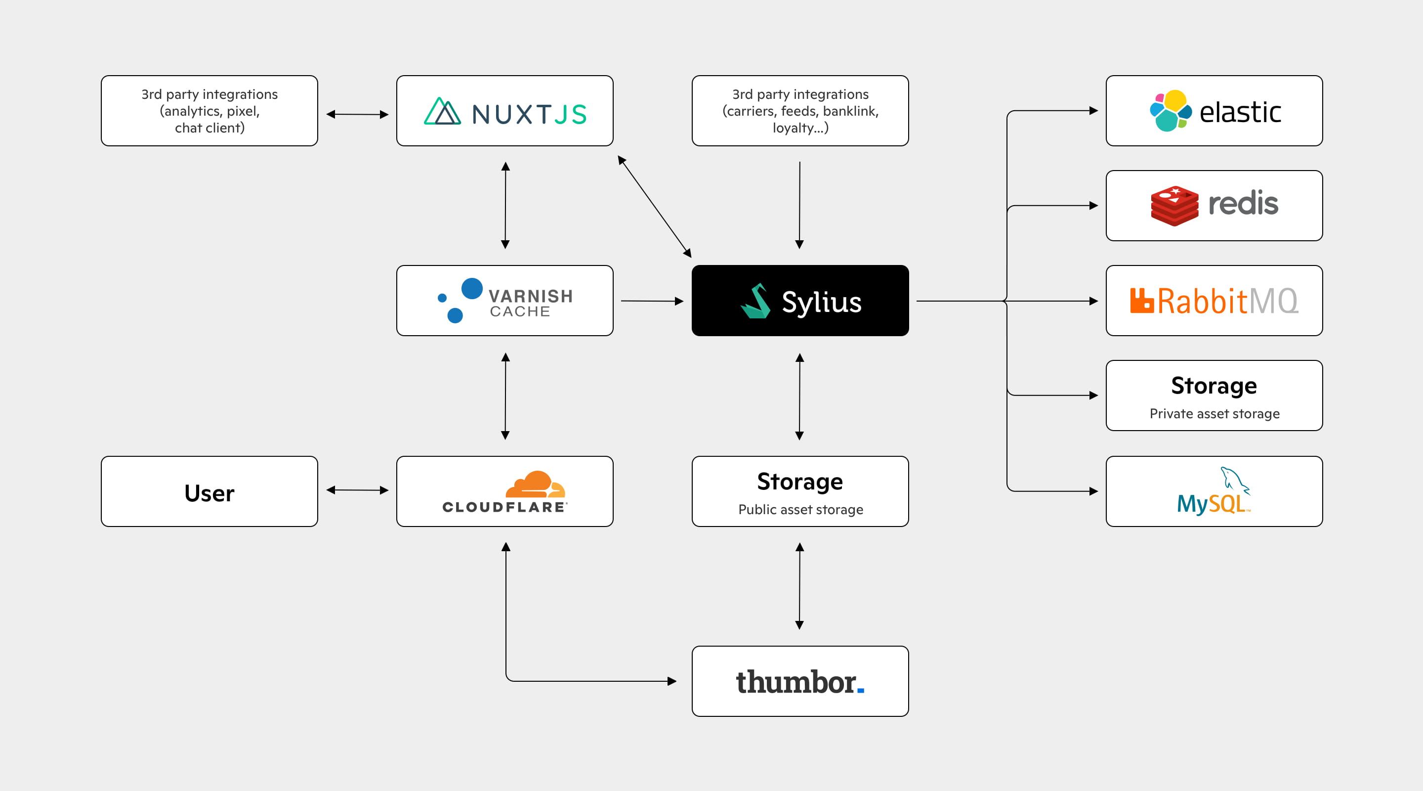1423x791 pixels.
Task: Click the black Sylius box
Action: (800, 300)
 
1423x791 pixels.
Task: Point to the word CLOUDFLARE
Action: (504, 507)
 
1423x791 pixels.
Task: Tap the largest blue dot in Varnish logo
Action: (472, 288)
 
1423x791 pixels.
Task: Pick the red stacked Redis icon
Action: (1174, 206)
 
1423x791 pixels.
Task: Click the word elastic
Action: (1240, 113)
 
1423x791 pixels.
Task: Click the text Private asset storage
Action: (1214, 413)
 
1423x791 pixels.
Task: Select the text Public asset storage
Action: (800, 509)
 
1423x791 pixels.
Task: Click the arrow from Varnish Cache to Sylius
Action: (652, 301)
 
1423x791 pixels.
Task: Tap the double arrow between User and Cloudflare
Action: (357, 490)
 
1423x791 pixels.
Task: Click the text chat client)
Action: (209, 128)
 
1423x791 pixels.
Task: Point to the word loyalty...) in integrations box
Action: (800, 128)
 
